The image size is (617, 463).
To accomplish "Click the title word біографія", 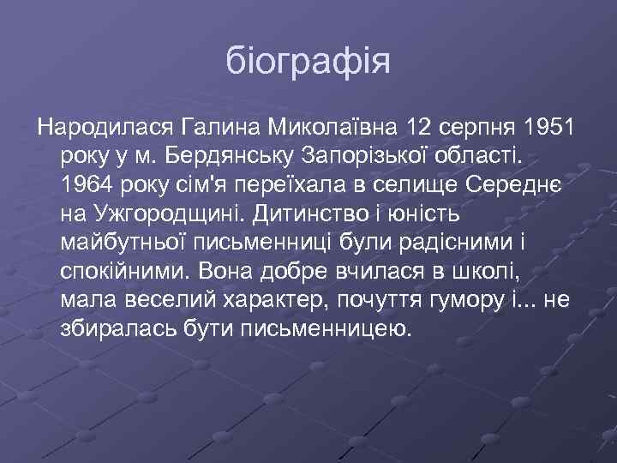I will (308, 62).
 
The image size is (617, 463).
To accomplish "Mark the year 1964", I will (88, 184).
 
